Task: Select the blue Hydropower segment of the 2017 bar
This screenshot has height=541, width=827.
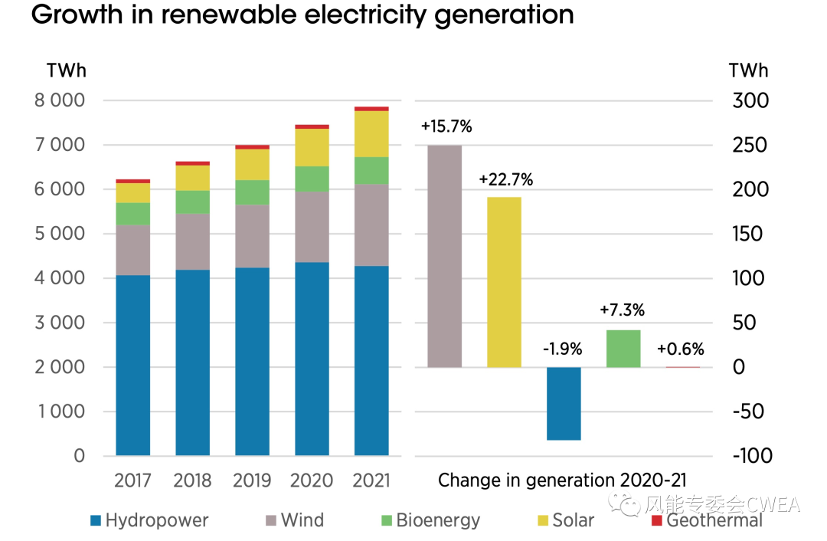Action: (x=132, y=365)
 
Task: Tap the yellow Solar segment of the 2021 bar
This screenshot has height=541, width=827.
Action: (x=371, y=134)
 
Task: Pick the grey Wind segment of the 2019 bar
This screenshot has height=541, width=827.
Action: (x=252, y=236)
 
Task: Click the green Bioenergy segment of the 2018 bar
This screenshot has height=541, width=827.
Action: (x=192, y=202)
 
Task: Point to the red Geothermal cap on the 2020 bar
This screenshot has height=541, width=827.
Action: (x=312, y=126)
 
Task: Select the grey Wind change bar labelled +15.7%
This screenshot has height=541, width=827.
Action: (x=444, y=256)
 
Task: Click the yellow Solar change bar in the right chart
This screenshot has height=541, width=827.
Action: (x=504, y=282)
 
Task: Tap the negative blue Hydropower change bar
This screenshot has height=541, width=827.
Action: (x=564, y=403)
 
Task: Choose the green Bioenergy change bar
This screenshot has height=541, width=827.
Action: (x=623, y=349)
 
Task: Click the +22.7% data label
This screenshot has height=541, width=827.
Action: (x=505, y=180)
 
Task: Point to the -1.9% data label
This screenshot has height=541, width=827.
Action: (x=563, y=349)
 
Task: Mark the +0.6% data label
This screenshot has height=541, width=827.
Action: (x=681, y=349)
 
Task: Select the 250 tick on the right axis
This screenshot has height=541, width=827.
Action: (x=748, y=145)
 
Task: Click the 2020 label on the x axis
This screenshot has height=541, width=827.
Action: (x=312, y=480)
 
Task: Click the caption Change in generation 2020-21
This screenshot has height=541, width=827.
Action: (x=562, y=480)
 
